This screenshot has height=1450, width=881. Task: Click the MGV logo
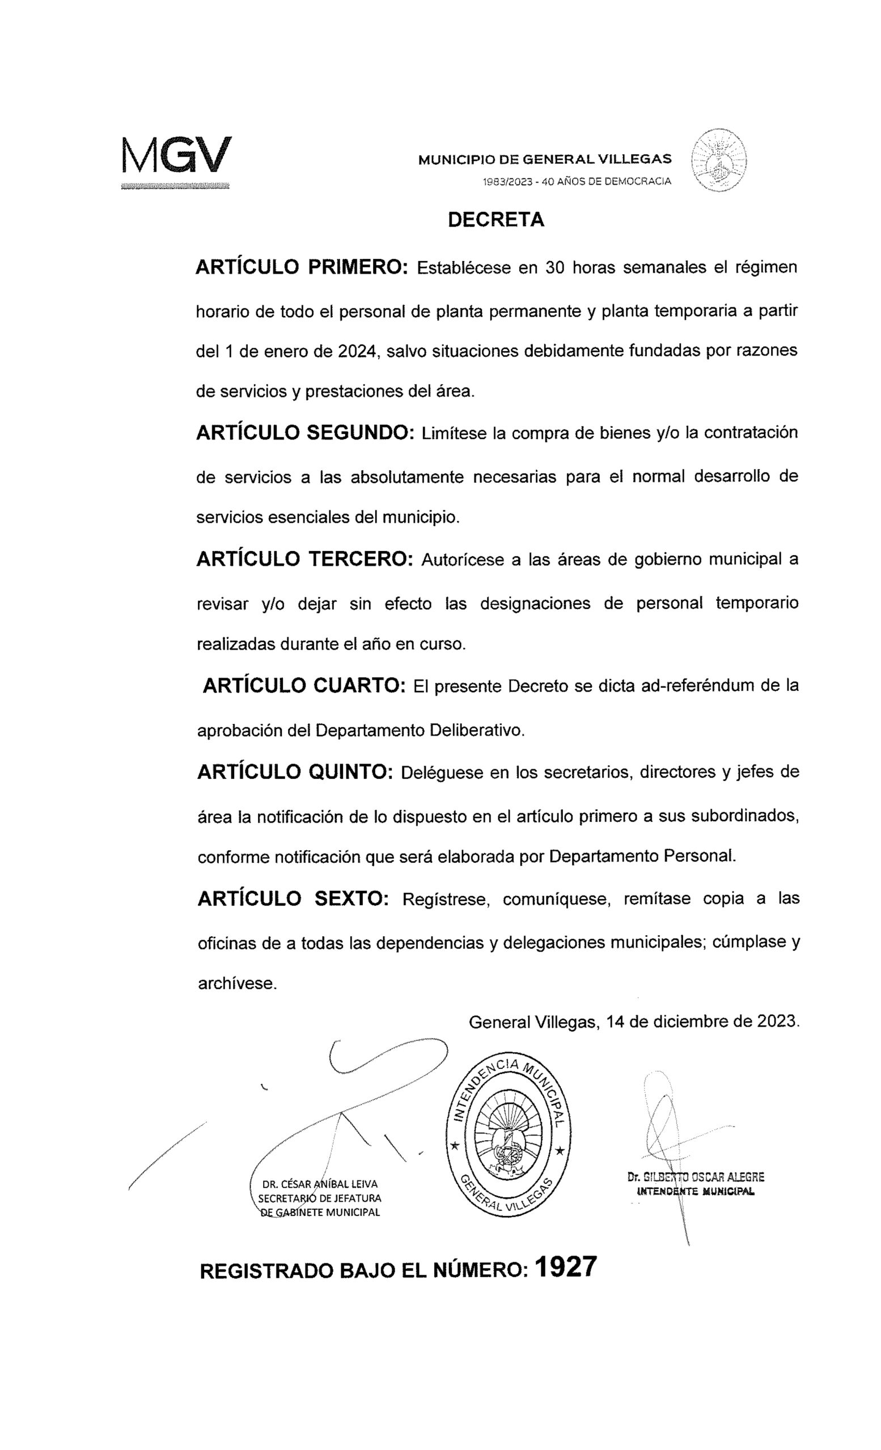point(176,156)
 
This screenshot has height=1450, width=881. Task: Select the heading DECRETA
point(496,220)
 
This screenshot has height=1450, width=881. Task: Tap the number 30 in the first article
point(556,268)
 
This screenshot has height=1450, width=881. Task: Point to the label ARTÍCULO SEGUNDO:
point(306,433)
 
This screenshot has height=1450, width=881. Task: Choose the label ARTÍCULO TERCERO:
point(305,558)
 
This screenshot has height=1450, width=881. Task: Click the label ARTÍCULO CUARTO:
point(304,685)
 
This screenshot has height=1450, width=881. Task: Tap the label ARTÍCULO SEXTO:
point(293,898)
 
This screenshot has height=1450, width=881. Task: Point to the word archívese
point(237,983)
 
